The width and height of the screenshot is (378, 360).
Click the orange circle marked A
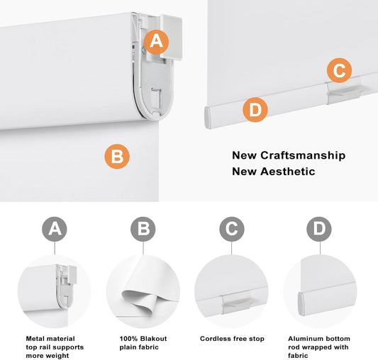pyautogui.click(x=156, y=42)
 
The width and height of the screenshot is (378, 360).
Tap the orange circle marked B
pyautogui.click(x=117, y=157)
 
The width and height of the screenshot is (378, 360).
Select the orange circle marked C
pyautogui.click(x=339, y=70)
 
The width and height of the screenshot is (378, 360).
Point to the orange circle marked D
pyautogui.click(x=255, y=110)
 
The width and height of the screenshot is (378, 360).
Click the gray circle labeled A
pyautogui.click(x=55, y=229)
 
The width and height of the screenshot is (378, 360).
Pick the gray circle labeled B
pyautogui.click(x=143, y=229)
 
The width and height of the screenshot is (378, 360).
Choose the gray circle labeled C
pyautogui.click(x=232, y=229)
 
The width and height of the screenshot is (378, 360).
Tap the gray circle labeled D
pyautogui.click(x=319, y=229)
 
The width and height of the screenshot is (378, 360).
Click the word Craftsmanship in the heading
pyautogui.click(x=303, y=156)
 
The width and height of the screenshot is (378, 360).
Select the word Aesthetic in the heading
pyautogui.click(x=288, y=171)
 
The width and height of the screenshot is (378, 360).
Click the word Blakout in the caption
pyautogui.click(x=153, y=339)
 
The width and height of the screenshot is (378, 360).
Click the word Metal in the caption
pyautogui.click(x=34, y=339)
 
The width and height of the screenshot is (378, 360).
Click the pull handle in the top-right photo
pyautogui.click(x=344, y=91)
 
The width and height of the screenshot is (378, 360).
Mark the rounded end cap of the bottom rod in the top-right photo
pyautogui.click(x=208, y=118)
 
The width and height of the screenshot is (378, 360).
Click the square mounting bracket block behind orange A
pyautogui.click(x=171, y=38)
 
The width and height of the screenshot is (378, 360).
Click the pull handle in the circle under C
pyautogui.click(x=236, y=302)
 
